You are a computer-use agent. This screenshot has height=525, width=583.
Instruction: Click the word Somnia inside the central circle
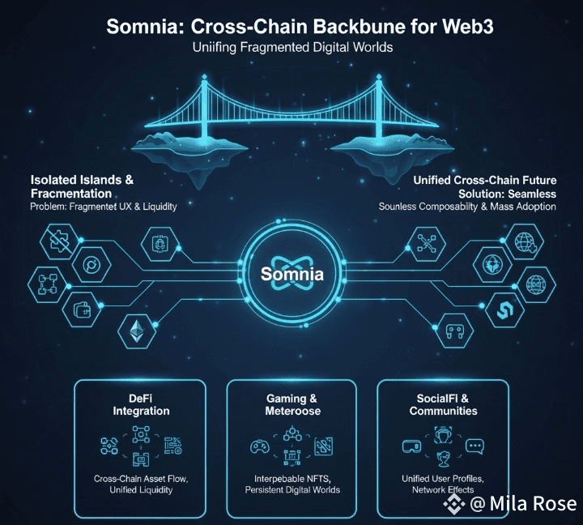tap(292, 274)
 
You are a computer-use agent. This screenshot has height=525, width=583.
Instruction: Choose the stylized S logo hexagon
tap(501, 308)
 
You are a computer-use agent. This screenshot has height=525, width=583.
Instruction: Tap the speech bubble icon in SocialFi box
tap(474, 446)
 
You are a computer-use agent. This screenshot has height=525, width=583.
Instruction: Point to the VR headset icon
tap(411, 446)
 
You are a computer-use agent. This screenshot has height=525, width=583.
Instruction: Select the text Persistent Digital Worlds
tap(292, 489)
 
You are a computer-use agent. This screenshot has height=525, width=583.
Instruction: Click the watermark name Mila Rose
tap(534, 504)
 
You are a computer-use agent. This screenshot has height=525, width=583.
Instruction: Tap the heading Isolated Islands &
tap(82, 179)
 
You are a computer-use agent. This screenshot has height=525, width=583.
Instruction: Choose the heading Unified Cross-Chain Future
tap(485, 179)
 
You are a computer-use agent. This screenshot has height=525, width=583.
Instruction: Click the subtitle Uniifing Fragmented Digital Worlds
tap(292, 47)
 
